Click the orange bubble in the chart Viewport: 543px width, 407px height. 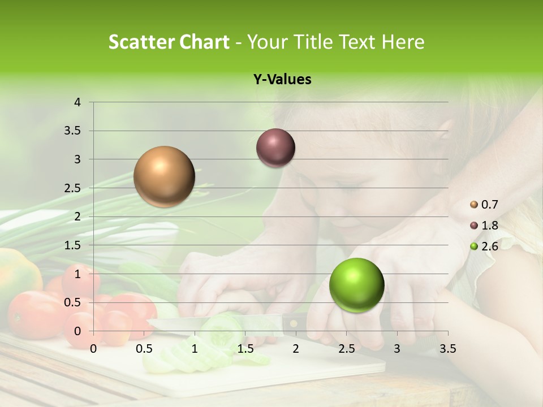pos(164,176)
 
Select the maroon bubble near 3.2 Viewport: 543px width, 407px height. pos(275,148)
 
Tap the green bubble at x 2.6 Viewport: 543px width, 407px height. pos(356,285)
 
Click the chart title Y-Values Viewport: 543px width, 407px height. pos(282,80)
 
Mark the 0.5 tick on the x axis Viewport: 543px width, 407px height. pos(144,349)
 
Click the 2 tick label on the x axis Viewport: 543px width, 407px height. pos(296,349)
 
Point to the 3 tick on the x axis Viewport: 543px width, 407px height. pos(397,349)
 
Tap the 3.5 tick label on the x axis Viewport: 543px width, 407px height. pos(447,349)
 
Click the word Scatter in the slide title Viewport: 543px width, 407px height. pos(141,42)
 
